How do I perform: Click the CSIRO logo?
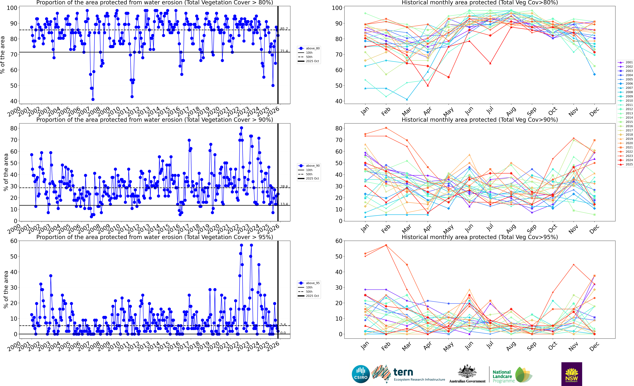coord(361,374)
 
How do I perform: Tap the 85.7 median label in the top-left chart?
coord(284,29)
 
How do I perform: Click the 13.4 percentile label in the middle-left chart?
coord(284,204)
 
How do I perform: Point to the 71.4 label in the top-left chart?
coord(284,51)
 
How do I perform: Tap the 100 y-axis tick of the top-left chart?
coord(12,8)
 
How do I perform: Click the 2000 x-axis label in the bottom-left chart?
coord(14,346)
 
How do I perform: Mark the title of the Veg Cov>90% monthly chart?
coord(480,120)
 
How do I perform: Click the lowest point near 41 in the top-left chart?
coord(93,99)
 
